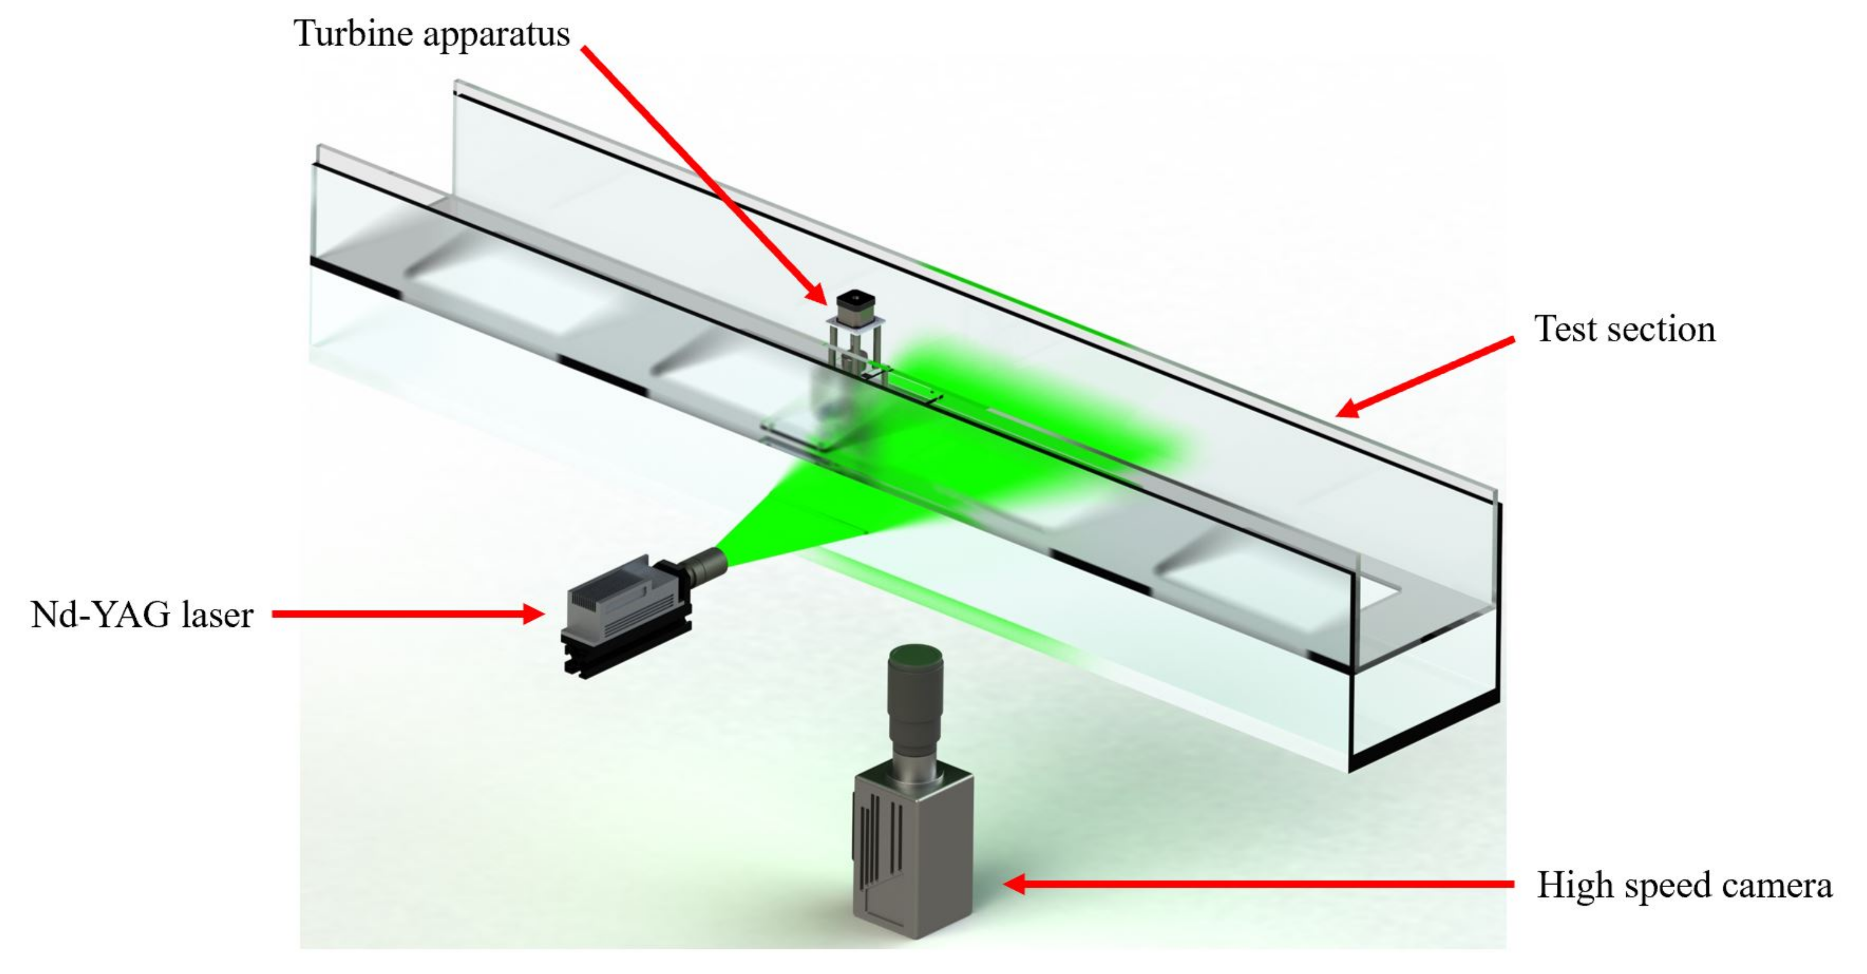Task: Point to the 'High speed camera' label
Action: (x=1684, y=885)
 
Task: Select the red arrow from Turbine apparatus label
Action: (x=703, y=174)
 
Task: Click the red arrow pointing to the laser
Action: (x=406, y=615)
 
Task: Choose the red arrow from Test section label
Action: (x=1424, y=377)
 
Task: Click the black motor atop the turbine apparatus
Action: (x=856, y=307)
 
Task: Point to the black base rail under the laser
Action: (x=623, y=656)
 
